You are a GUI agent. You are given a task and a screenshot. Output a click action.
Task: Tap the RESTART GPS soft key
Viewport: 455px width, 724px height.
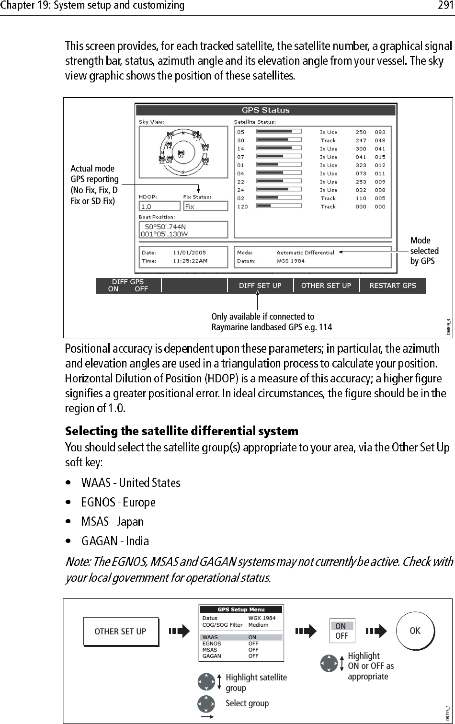click(x=392, y=286)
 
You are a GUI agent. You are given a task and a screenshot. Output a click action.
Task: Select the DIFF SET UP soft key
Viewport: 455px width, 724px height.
click(x=260, y=286)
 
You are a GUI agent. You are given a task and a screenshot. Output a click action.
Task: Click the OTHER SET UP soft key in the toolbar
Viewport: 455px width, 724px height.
click(x=326, y=286)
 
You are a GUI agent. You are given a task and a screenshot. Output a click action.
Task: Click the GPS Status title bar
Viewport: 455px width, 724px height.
click(x=265, y=110)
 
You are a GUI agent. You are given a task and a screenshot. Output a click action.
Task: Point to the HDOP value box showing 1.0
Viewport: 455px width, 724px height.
click(x=159, y=206)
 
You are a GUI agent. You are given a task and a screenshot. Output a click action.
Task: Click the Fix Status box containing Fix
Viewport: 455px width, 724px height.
click(x=205, y=206)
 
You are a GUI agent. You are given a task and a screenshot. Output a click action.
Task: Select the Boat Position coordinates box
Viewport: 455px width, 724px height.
click(x=182, y=230)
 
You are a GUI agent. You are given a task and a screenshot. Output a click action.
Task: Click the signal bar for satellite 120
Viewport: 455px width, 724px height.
click(x=279, y=207)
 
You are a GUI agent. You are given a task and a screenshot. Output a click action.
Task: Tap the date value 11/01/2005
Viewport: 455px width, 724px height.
click(x=189, y=253)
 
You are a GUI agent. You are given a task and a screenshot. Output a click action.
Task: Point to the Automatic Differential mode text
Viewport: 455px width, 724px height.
click(x=305, y=253)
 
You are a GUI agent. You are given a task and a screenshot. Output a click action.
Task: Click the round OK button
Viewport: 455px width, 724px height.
click(x=415, y=631)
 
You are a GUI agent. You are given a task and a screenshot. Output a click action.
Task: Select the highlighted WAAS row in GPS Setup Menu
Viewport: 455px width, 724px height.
click(x=241, y=637)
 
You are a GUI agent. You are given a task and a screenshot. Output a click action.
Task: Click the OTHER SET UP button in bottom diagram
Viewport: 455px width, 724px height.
click(x=120, y=632)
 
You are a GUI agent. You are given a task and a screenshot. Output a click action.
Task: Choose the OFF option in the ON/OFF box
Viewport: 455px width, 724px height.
click(x=341, y=636)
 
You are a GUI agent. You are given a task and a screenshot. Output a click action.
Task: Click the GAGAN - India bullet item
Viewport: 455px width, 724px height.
click(x=115, y=541)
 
